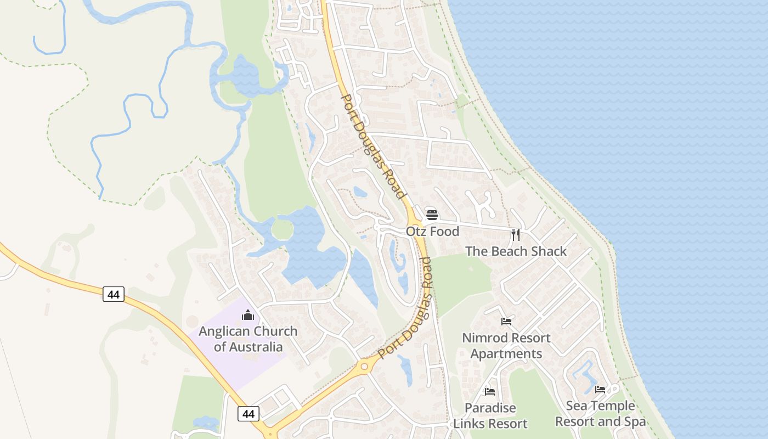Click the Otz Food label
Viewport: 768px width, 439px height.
pyautogui.click(x=432, y=232)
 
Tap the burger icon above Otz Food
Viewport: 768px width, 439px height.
pyautogui.click(x=432, y=215)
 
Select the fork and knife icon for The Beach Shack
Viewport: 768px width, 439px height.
pyautogui.click(x=515, y=235)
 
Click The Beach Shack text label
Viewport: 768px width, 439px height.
pyautogui.click(x=516, y=251)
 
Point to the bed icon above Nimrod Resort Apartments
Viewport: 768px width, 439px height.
pyautogui.click(x=506, y=321)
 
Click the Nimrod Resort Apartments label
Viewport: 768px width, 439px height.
pyautogui.click(x=506, y=346)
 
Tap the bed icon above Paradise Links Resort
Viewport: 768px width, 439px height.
pyautogui.click(x=490, y=391)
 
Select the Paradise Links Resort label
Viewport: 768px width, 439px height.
pyautogui.click(x=490, y=416)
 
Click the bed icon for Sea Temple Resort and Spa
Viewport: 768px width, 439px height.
pyautogui.click(x=600, y=390)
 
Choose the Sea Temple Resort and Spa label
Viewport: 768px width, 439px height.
pyautogui.click(x=600, y=414)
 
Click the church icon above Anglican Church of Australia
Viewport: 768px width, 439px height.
pyautogui.click(x=248, y=315)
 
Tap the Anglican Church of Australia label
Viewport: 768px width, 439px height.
pyautogui.click(x=248, y=339)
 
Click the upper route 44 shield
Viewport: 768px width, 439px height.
pyautogui.click(x=113, y=295)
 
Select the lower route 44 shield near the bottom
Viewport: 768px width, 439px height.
pyautogui.click(x=249, y=414)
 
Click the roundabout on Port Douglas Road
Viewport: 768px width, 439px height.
pyautogui.click(x=363, y=367)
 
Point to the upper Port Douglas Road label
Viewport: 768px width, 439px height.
pyautogui.click(x=373, y=147)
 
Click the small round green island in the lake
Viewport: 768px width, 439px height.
pyautogui.click(x=282, y=229)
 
